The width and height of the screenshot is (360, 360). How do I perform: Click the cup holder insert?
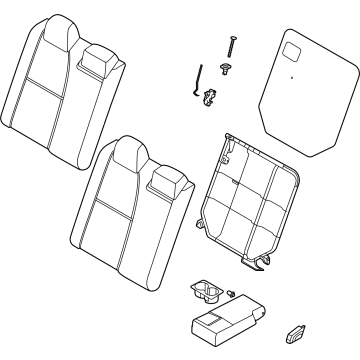pyautogui.click(x=207, y=291)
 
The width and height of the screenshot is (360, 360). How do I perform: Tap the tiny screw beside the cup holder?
pyautogui.click(x=232, y=293)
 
